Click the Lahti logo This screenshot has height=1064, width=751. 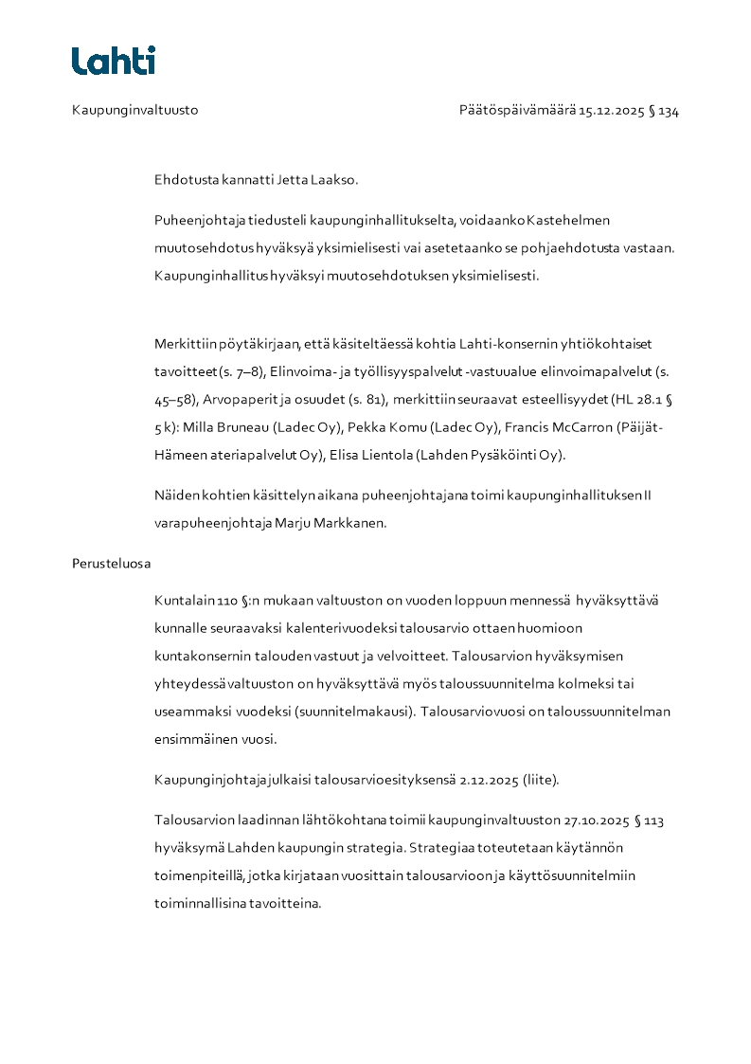pyautogui.click(x=114, y=61)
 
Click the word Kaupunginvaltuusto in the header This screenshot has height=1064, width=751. pyautogui.click(x=134, y=110)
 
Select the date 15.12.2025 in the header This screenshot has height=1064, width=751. pyautogui.click(x=611, y=110)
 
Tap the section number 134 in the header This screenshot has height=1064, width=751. pyautogui.click(x=669, y=110)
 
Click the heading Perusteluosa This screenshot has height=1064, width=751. pyautogui.click(x=111, y=563)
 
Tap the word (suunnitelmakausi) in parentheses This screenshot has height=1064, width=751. pyautogui.click(x=352, y=711)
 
